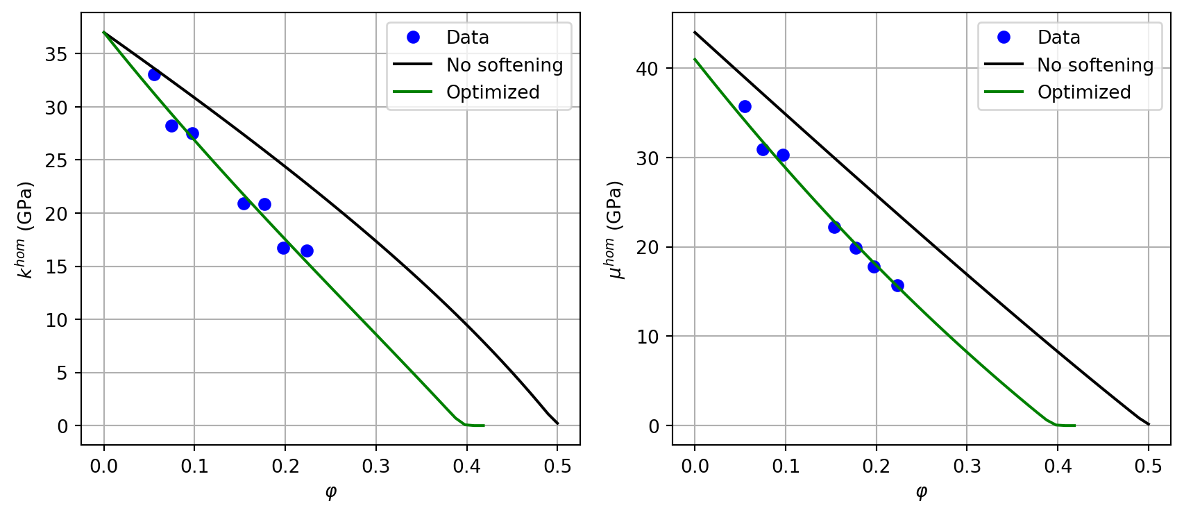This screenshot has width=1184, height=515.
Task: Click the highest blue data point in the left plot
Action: [x=154, y=74]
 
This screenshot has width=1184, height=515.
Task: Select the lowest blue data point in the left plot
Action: [x=307, y=251]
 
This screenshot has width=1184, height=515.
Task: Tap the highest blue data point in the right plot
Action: [x=745, y=106]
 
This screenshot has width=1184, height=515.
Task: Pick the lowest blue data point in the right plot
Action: [x=897, y=285]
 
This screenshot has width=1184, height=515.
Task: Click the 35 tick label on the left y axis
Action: [x=56, y=54]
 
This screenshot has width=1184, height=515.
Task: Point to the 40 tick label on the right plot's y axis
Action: [x=647, y=69]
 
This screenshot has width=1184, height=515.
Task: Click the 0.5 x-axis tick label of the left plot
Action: [x=557, y=466]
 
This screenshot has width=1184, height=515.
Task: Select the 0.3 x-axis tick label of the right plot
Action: [x=967, y=466]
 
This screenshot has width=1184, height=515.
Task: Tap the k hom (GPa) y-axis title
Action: [x=26, y=230]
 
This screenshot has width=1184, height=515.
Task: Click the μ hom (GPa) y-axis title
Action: [x=616, y=230]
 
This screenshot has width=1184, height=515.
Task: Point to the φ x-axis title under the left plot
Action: [x=330, y=492]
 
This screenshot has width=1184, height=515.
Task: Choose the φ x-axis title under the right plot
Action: [x=921, y=492]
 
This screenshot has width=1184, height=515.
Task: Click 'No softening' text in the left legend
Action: [x=505, y=65]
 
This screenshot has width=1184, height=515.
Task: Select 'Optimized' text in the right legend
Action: [x=1084, y=92]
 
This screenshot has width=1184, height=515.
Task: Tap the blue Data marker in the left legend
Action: [x=413, y=37]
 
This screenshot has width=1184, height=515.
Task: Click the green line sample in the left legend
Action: [x=413, y=92]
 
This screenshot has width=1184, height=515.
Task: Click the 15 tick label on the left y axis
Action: [x=56, y=267]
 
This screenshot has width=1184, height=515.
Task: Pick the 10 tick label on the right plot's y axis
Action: [x=647, y=337]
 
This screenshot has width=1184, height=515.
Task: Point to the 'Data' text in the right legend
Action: [x=1058, y=37]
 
